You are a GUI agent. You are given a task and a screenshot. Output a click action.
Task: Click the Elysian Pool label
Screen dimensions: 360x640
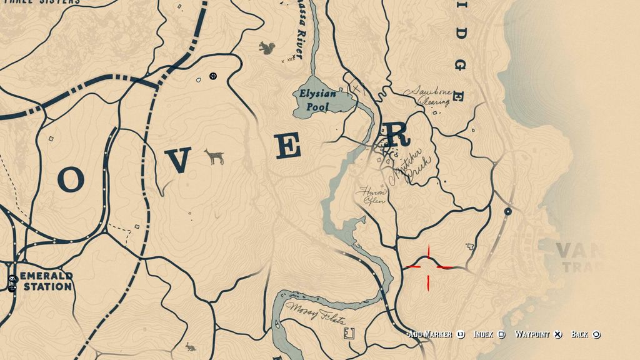tap(317, 100)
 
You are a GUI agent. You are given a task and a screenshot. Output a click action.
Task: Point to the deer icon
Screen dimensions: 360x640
tap(216, 157)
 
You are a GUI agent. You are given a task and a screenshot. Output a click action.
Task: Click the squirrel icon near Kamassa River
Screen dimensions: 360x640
tap(267, 47)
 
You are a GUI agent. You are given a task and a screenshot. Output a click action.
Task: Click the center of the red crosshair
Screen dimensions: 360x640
tap(429, 267)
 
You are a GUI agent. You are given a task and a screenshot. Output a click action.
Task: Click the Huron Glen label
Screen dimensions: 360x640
tap(372, 196)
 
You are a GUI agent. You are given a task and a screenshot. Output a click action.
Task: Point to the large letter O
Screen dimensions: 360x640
tap(70, 179)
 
